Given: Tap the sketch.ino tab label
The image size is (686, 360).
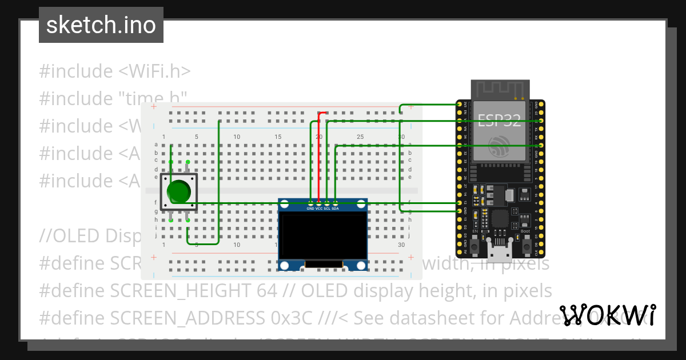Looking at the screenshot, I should [101, 25].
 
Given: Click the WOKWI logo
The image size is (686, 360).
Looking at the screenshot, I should [608, 315].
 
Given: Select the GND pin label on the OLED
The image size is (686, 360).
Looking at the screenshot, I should [310, 209].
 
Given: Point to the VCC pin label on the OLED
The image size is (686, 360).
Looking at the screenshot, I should [319, 209].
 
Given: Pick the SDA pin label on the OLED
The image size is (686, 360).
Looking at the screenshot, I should [336, 209].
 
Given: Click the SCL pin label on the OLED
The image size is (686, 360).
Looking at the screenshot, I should [327, 209].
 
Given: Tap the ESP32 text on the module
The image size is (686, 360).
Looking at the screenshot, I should [499, 121].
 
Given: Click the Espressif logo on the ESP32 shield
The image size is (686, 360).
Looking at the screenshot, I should [498, 146].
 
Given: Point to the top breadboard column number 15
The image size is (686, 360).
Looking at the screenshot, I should [278, 137].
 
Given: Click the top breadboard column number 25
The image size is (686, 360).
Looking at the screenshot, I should [360, 137].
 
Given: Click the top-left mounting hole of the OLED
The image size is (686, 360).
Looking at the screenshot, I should [285, 205].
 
